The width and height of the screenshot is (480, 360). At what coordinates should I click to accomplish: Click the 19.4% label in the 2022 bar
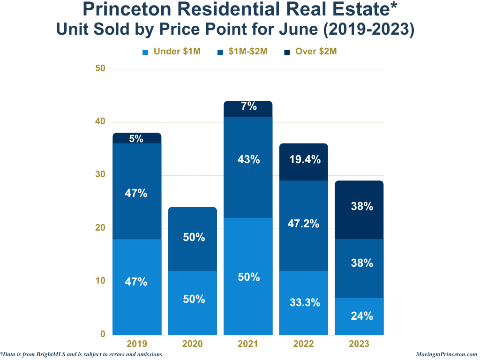(305, 160)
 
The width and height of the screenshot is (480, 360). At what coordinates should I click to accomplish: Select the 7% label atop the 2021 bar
(248, 106)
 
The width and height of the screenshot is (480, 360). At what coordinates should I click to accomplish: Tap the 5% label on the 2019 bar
(136, 139)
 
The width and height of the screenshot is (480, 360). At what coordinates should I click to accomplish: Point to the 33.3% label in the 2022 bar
(305, 303)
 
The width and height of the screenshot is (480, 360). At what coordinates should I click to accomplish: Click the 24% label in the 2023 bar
(362, 316)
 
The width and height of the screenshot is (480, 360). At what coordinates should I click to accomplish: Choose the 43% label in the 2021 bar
(248, 160)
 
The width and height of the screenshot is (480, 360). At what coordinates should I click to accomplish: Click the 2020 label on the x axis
(193, 344)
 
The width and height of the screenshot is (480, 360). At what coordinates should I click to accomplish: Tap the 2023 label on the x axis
(359, 344)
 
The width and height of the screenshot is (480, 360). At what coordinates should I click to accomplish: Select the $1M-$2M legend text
(248, 52)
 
